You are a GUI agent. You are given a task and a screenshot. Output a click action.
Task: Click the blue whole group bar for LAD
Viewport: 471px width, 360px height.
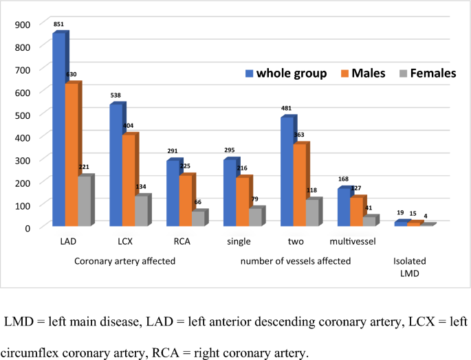point(58,131)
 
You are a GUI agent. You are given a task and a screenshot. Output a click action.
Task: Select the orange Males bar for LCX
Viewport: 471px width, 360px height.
point(129,181)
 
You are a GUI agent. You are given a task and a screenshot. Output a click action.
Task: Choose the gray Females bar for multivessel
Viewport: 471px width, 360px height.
point(369,221)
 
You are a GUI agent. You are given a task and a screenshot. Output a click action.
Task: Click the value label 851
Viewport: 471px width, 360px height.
point(58,25)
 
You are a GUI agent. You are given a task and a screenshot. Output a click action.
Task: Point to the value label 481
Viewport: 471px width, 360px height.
point(286,109)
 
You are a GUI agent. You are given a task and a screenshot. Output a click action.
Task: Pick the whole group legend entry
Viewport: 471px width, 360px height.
point(285,74)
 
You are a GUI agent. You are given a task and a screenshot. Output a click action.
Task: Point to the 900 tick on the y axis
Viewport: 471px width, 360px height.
point(23,25)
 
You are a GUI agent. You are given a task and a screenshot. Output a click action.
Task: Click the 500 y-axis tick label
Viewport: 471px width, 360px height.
point(23,114)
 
